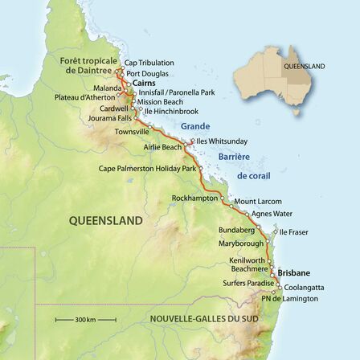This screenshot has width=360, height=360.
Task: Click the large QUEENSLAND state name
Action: tap(105, 220)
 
